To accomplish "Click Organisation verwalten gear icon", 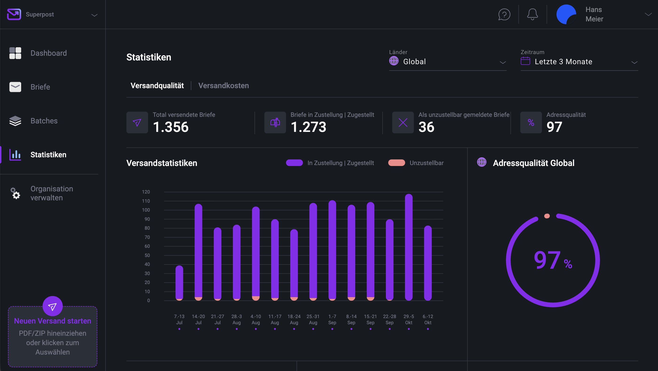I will click(x=15, y=193).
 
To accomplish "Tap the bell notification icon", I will click(x=532, y=14).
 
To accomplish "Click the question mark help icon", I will click(x=504, y=14).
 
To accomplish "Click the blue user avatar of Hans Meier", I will click(x=566, y=14).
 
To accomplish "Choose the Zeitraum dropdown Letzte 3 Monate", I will click(x=579, y=62).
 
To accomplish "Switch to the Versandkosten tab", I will click(x=223, y=86).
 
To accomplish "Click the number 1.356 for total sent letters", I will click(x=171, y=127).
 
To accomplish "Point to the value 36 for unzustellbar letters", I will click(x=426, y=127).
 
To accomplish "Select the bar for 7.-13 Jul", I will click(x=179, y=282).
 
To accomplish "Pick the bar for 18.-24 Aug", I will click(x=294, y=264).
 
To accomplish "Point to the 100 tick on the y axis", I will click(x=146, y=210).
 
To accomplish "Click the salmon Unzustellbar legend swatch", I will click(x=396, y=163).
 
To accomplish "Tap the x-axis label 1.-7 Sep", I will click(x=332, y=319).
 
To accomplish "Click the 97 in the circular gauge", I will click(x=547, y=260).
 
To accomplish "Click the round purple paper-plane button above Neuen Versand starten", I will click(x=52, y=306).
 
